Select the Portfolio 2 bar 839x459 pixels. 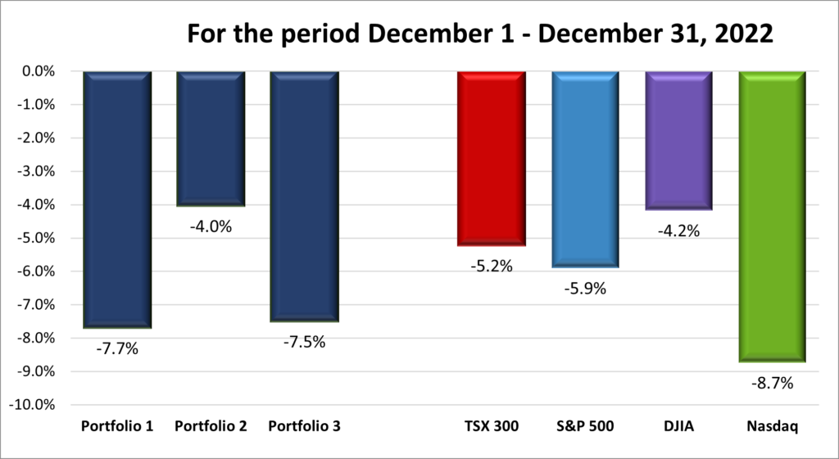211,139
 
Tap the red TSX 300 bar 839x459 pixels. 492,158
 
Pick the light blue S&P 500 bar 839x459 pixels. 585,169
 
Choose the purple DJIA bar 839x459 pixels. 678,140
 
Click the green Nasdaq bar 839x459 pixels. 773,216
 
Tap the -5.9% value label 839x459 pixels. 586,289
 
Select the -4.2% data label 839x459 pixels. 679,231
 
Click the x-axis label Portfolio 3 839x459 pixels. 304,427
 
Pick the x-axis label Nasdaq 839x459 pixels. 773,427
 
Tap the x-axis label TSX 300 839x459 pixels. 492,427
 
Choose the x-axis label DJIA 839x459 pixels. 678,427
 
